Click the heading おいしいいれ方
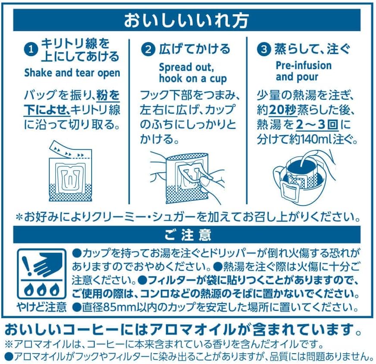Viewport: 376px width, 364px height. (x=186, y=20)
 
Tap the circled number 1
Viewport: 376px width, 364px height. (x=31, y=50)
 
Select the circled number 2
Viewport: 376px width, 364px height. (x=148, y=49)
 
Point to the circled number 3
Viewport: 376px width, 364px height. (x=264, y=49)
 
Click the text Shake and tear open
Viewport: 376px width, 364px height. (x=72, y=73)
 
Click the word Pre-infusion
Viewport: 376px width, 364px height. (x=303, y=66)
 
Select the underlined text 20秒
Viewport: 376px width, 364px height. (x=283, y=110)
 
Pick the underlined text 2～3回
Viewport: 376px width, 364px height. (x=317, y=125)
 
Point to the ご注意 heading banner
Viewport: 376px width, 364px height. (x=187, y=234)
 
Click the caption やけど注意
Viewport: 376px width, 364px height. (x=42, y=307)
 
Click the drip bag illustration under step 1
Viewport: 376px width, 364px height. (x=70, y=171)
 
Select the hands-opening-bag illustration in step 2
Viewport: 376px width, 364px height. (x=187, y=178)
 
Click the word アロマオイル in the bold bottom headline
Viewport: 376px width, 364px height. (x=193, y=330)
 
